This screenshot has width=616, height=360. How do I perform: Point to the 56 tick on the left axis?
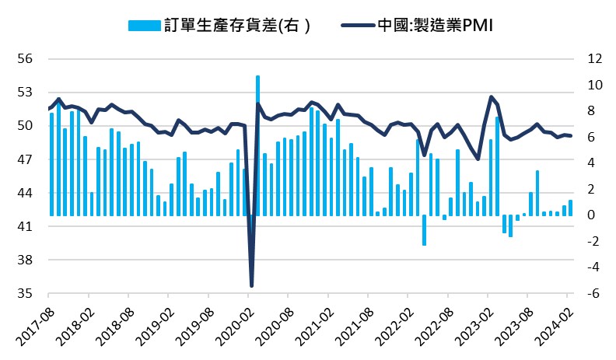pos(23,59)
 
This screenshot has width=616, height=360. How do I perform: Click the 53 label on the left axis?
pos(23,93)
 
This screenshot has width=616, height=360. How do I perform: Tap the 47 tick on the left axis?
pos(23,159)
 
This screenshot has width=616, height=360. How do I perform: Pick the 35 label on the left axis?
pos(23,294)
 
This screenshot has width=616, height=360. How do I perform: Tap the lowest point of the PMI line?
pos(251,285)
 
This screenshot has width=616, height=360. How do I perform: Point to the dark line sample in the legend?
pos(357,26)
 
